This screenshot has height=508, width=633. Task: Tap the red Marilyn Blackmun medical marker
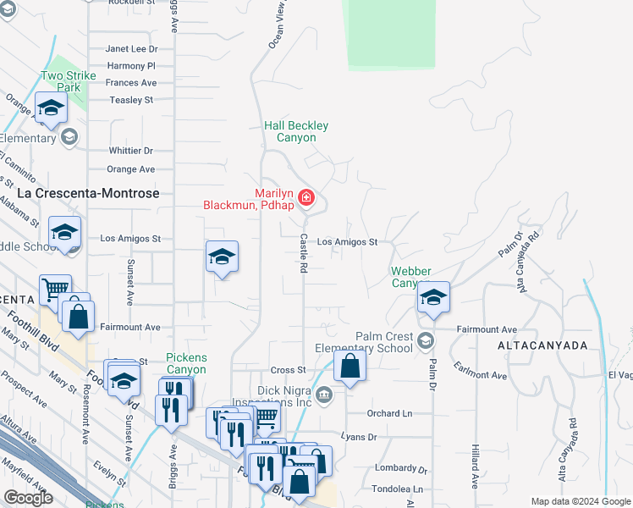(x=306, y=199)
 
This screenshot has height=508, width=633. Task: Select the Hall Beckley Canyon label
(x=296, y=131)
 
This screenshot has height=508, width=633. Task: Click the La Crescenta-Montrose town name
(x=89, y=193)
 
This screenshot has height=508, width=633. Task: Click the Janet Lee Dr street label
(x=131, y=49)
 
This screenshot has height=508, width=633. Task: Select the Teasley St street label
(x=131, y=100)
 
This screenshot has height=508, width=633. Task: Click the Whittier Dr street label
(x=130, y=151)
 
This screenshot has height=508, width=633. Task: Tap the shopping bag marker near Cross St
(x=350, y=367)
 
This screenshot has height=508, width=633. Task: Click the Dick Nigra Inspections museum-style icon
(x=324, y=395)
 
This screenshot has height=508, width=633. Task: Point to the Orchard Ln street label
(x=389, y=413)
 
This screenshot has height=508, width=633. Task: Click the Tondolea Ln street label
(x=395, y=489)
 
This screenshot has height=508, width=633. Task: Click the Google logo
(x=28, y=498)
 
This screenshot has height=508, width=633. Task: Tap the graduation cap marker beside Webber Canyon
(x=433, y=297)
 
